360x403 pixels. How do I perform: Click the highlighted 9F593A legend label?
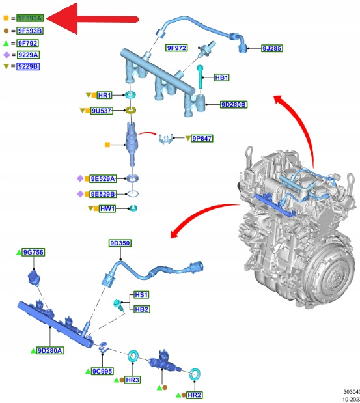pyautogui.click(x=30, y=18)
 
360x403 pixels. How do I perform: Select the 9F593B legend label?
pyautogui.click(x=30, y=31)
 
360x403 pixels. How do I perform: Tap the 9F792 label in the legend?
pyautogui.click(x=28, y=43)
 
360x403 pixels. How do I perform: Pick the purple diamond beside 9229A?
pyautogui.click(x=7, y=55)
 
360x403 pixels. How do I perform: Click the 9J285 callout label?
pyautogui.click(x=272, y=48)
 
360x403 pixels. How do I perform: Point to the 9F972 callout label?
pyautogui.click(x=176, y=48)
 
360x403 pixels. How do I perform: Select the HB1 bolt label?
pyautogui.click(x=221, y=77)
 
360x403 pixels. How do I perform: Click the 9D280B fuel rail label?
pyautogui.click(x=234, y=105)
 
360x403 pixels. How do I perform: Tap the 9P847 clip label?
pyautogui.click(x=202, y=138)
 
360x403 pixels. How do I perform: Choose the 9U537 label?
pyautogui.click(x=102, y=111)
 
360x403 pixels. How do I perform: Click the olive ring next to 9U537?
pyautogui.click(x=131, y=111)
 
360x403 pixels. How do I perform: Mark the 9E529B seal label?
pyautogui.click(x=103, y=194)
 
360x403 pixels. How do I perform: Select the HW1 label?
pyautogui.click(x=107, y=208)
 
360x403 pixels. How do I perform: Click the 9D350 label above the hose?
pyautogui.click(x=120, y=243)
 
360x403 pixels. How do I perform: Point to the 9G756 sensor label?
pyautogui.click(x=33, y=252)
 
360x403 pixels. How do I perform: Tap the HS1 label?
pyautogui.click(x=141, y=294)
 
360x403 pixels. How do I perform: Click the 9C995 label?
pyautogui.click(x=102, y=371)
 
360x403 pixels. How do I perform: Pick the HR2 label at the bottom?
pyautogui.click(x=195, y=395)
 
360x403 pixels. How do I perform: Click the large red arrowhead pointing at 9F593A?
pyautogui.click(x=62, y=18)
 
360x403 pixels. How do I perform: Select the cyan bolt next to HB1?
pyautogui.click(x=200, y=76)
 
